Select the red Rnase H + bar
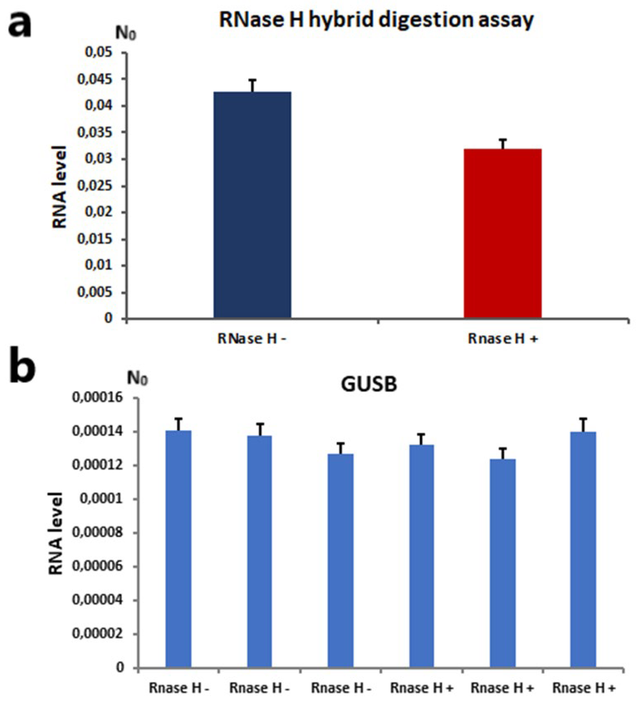502,233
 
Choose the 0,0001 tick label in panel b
101,499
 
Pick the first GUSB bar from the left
178,549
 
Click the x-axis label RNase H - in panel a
252,338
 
